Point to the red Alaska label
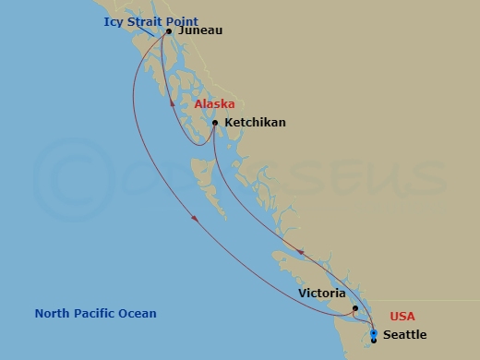click(214, 104)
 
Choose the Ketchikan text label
click(255, 123)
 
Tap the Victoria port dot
click(355, 309)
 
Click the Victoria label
click(322, 294)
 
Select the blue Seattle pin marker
click(373, 334)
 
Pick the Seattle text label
click(404, 335)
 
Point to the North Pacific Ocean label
click(95, 314)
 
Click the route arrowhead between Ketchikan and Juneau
click(173, 103)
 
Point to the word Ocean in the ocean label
click(138, 314)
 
